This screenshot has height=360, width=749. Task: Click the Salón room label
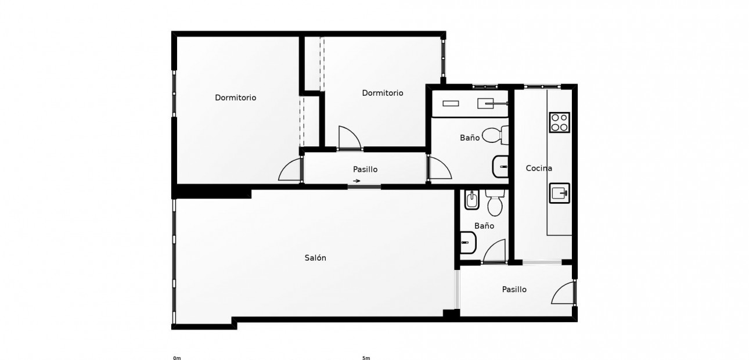[x=315, y=258]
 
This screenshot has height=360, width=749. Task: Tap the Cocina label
[x=539, y=168]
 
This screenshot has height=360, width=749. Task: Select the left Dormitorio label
[x=235, y=98]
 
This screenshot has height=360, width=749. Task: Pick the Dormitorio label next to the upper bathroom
[x=382, y=93]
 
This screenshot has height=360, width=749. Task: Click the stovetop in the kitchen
[x=559, y=123]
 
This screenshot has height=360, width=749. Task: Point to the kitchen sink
[x=559, y=193]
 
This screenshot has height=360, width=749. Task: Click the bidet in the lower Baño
[x=470, y=201]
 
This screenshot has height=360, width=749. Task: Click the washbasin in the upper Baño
[x=500, y=167]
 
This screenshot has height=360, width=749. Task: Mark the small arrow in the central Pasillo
[x=356, y=181]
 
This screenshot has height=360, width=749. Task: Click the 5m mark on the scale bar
[x=366, y=358]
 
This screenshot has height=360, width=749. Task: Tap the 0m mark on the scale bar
[x=177, y=358]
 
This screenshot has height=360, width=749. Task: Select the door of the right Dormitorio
[x=350, y=138]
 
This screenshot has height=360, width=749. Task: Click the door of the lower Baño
[x=495, y=252]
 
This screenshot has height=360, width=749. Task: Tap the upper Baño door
[x=439, y=168]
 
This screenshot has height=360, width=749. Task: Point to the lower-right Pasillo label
[x=514, y=289]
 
